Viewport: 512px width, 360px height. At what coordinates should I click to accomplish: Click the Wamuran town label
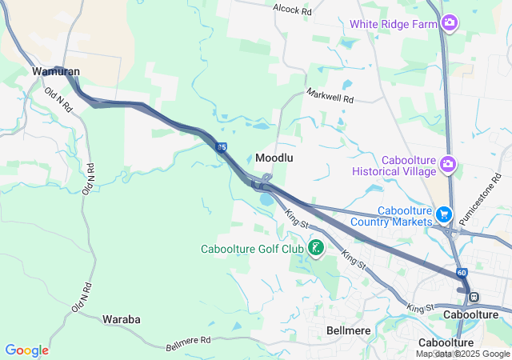point(55,71)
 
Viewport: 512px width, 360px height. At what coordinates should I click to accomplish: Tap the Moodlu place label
point(274,158)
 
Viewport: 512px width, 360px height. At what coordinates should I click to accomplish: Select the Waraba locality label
point(122,319)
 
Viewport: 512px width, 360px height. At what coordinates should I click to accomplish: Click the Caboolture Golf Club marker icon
point(315,249)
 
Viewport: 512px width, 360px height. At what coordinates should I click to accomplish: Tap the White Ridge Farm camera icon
point(450,22)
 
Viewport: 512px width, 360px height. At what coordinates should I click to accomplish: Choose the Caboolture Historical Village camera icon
point(448,166)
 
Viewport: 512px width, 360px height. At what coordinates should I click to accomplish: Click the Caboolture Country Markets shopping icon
point(444,214)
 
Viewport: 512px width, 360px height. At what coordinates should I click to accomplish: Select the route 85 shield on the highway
point(222,146)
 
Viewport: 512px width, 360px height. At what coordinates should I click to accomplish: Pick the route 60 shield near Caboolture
point(462,273)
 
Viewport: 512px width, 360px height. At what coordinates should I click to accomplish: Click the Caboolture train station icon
point(474,297)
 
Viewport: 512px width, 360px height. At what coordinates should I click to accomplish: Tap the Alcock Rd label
point(292,10)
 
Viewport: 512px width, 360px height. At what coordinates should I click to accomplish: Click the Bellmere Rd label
point(188,344)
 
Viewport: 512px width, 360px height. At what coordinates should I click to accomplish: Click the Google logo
point(26,350)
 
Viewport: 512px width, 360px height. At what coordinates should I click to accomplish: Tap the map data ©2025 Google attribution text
point(462,354)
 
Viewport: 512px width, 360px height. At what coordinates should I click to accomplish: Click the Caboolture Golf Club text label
point(252,249)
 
